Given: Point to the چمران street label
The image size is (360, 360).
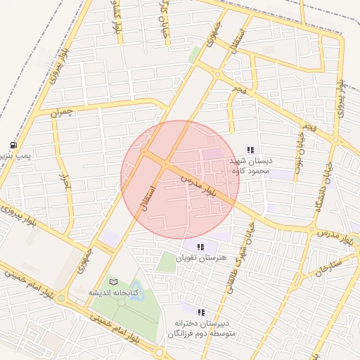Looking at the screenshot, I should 62,111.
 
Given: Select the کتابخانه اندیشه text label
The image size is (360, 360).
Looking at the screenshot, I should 113,292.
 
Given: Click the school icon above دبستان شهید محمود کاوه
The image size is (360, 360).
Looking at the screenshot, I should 250,149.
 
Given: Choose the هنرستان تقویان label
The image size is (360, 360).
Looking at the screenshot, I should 201,258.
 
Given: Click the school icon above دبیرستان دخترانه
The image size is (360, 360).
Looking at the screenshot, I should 201,311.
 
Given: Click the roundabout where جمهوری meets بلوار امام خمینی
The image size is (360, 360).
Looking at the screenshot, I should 62,298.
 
